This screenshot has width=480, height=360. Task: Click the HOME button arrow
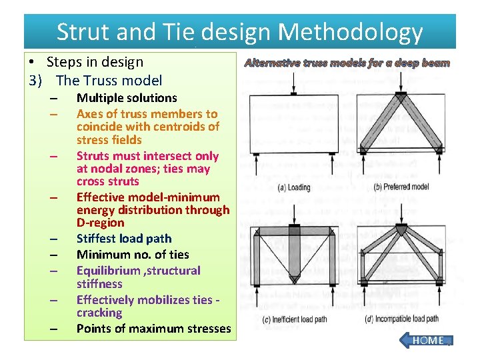coord(426,340)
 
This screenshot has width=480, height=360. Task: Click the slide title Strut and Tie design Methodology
coord(239,31)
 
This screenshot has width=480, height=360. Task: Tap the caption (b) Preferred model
coord(402,187)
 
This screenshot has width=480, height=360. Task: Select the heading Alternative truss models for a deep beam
coord(347,63)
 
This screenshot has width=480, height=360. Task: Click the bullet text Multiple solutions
coord(127,98)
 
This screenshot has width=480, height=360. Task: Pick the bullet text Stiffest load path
coord(124,239)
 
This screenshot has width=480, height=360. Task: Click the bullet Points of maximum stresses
coord(153,328)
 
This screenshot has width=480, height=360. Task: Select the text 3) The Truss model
coord(95,81)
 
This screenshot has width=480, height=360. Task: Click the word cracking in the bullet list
coord(99,313)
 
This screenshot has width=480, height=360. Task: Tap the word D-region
coord(100,223)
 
